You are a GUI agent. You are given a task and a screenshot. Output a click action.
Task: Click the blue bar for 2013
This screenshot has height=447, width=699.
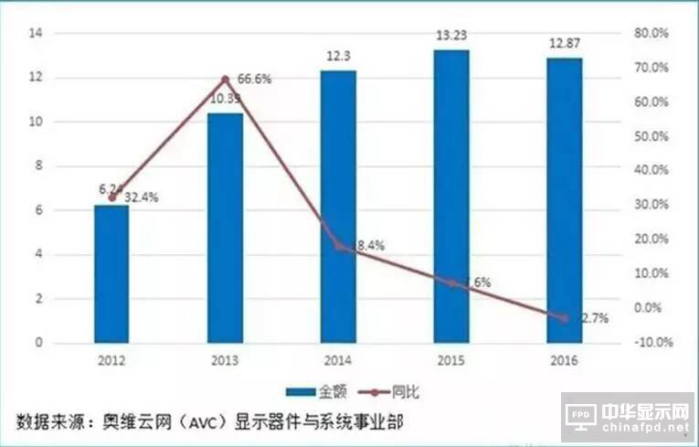point(225,229)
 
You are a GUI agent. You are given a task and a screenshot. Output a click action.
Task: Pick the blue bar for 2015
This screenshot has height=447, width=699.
point(451,197)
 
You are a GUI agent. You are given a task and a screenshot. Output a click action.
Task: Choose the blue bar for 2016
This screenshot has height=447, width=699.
point(565,201)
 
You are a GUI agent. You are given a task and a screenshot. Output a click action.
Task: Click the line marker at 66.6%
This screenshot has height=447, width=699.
point(225,80)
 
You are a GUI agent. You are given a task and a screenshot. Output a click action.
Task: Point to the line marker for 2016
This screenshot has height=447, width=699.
point(565,317)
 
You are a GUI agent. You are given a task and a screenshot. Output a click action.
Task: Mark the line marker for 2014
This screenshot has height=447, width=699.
point(338,246)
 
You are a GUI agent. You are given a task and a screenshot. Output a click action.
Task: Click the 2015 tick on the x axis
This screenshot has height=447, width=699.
point(451,360)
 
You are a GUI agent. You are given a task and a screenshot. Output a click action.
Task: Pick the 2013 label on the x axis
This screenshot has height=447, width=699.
point(225,360)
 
